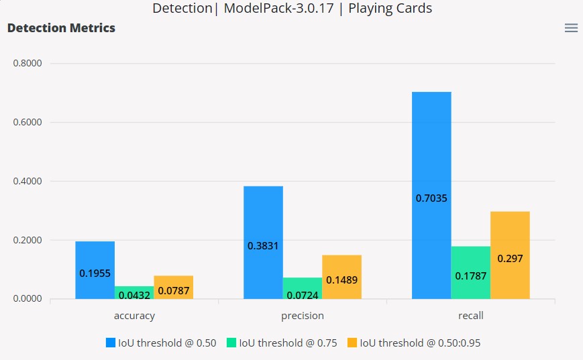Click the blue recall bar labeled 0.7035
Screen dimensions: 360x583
[x=431, y=195]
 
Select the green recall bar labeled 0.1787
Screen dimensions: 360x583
[x=470, y=273]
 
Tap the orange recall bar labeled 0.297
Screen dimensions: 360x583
[x=510, y=255]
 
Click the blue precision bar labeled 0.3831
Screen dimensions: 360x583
[x=263, y=243]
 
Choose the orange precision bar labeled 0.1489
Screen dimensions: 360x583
[x=341, y=277]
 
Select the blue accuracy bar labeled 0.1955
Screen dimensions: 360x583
[x=95, y=270]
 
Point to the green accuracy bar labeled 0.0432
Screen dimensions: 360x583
[x=134, y=293]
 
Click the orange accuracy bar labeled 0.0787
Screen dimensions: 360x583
[x=174, y=288]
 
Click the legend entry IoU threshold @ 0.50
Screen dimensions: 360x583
[x=161, y=343]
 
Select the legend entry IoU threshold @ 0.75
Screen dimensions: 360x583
[x=282, y=343]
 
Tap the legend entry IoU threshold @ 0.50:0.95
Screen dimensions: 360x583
[x=414, y=343]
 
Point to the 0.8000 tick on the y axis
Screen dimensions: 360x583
[x=28, y=64]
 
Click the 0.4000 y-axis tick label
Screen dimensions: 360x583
[x=28, y=181]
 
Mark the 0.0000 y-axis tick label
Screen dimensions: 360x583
[x=28, y=299]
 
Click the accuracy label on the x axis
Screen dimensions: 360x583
[x=134, y=316]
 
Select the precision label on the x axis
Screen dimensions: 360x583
[x=302, y=316]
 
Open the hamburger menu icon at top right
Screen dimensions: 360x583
[x=571, y=28]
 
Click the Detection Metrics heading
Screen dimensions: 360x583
[x=61, y=28]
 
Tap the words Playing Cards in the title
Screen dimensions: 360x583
[x=390, y=9]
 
